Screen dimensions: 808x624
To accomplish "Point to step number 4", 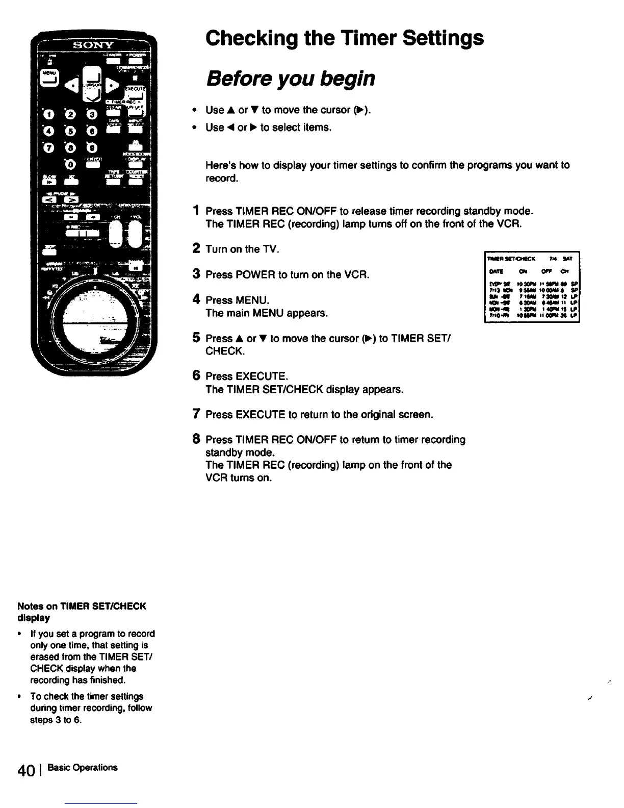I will [x=196, y=299].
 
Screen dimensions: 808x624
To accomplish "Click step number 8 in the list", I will [x=196, y=439].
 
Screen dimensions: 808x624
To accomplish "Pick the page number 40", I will [x=26, y=770].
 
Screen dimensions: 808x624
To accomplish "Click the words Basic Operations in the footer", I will [x=82, y=768].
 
